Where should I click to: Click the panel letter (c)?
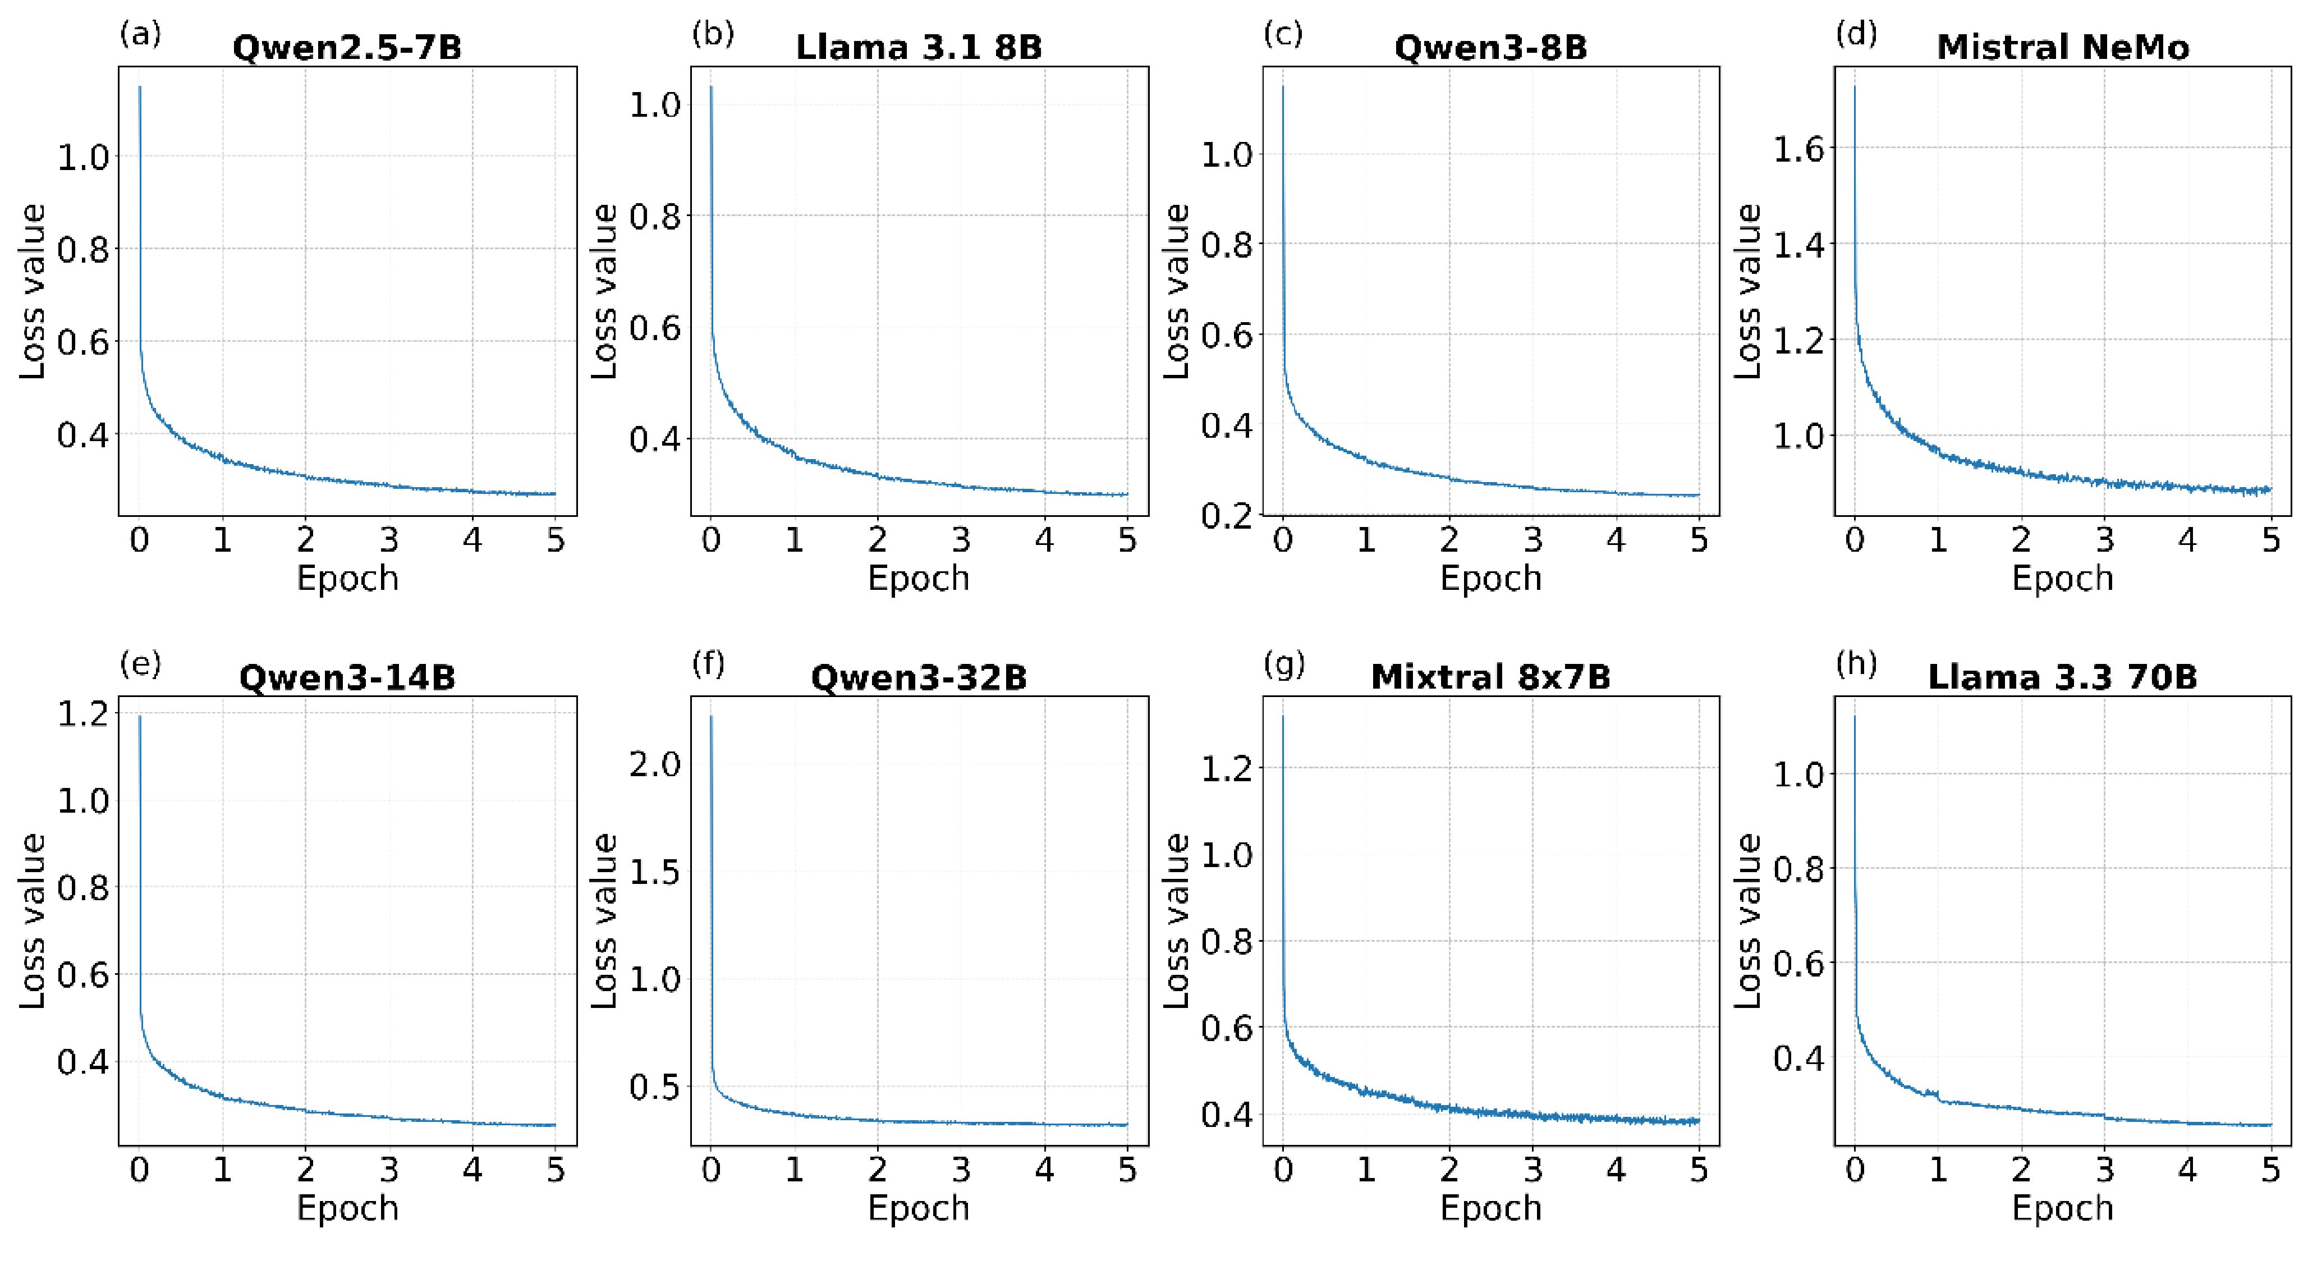pyautogui.click(x=1282, y=34)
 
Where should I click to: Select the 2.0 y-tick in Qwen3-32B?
pyautogui.click(x=655, y=764)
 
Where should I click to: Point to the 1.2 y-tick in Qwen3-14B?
pyautogui.click(x=82, y=714)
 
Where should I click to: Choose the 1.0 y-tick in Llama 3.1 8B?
pyautogui.click(x=655, y=105)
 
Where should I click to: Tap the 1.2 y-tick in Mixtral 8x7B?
pyautogui.click(x=1227, y=768)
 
